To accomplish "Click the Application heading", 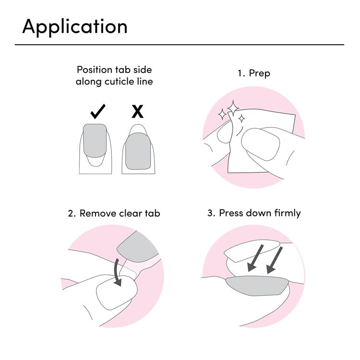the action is pos(75,27).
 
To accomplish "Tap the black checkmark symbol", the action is pos(98,111).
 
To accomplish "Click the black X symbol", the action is pos(137,111).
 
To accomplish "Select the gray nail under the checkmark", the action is pos(95,141).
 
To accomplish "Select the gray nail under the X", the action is pos(138,151).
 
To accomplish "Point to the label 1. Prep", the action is pos(254,73).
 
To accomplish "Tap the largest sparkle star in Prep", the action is pos(233,108).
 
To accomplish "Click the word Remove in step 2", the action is pos(98,213).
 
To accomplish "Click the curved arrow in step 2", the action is pos(118,272).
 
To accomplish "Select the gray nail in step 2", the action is pos(138,247).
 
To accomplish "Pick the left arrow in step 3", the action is pos(255,258).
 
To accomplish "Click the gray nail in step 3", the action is pos(257,286).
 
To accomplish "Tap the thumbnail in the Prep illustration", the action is pos(260,144).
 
